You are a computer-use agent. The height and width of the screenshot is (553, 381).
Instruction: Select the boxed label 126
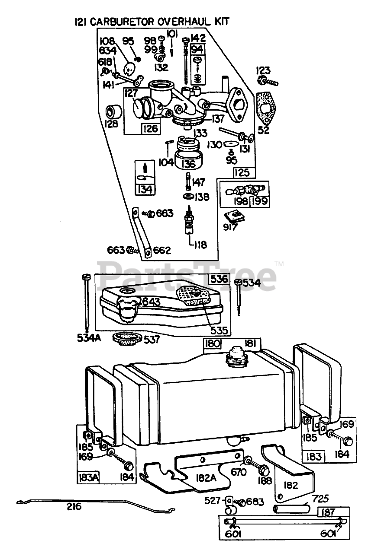click(151, 128)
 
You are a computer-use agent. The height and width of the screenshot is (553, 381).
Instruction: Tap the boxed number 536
click(219, 279)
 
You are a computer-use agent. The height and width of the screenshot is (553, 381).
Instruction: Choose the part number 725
click(321, 499)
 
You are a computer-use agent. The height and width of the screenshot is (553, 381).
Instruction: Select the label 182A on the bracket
click(200, 478)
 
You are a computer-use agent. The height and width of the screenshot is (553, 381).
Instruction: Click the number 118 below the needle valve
click(200, 245)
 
